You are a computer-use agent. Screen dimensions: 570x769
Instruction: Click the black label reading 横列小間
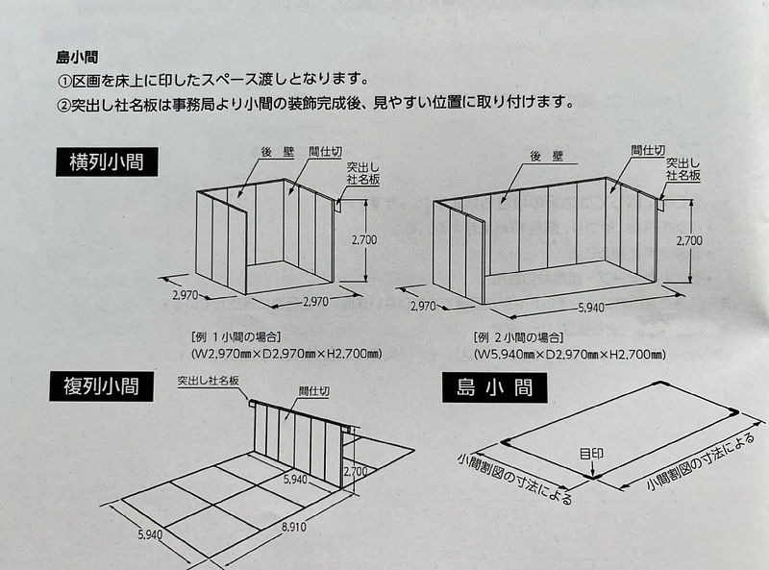106,161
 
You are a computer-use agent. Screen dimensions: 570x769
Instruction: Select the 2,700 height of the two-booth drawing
688,240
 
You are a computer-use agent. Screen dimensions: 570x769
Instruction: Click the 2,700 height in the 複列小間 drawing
355,472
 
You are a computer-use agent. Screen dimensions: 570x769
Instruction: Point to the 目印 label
592,453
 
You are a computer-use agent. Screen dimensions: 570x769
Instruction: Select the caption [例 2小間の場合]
520,337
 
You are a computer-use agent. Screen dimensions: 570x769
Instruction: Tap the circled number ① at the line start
65,79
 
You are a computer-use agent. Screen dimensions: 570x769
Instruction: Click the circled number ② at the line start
65,101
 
